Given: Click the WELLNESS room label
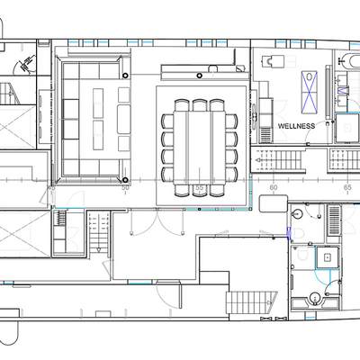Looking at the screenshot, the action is [297, 126].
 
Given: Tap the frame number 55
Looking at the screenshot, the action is [200, 187].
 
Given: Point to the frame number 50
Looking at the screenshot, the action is [125, 187].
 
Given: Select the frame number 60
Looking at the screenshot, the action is [274, 187].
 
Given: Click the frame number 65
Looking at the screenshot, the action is [347, 187].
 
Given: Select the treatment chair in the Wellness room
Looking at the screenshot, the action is [271, 61].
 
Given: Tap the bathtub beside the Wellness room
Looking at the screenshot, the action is [350, 61].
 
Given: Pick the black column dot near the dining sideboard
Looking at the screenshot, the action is [200, 76].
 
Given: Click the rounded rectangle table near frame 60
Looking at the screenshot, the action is [274, 203].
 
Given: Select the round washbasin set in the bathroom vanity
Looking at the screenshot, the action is [315, 298].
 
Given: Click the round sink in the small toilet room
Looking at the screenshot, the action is [297, 213].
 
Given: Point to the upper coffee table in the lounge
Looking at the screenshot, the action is [98, 103].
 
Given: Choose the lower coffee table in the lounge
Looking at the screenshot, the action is [98, 135].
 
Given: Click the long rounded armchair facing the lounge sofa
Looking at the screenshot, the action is [124, 120].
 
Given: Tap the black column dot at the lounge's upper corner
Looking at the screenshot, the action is [125, 76].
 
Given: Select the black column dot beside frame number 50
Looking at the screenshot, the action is [125, 180].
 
